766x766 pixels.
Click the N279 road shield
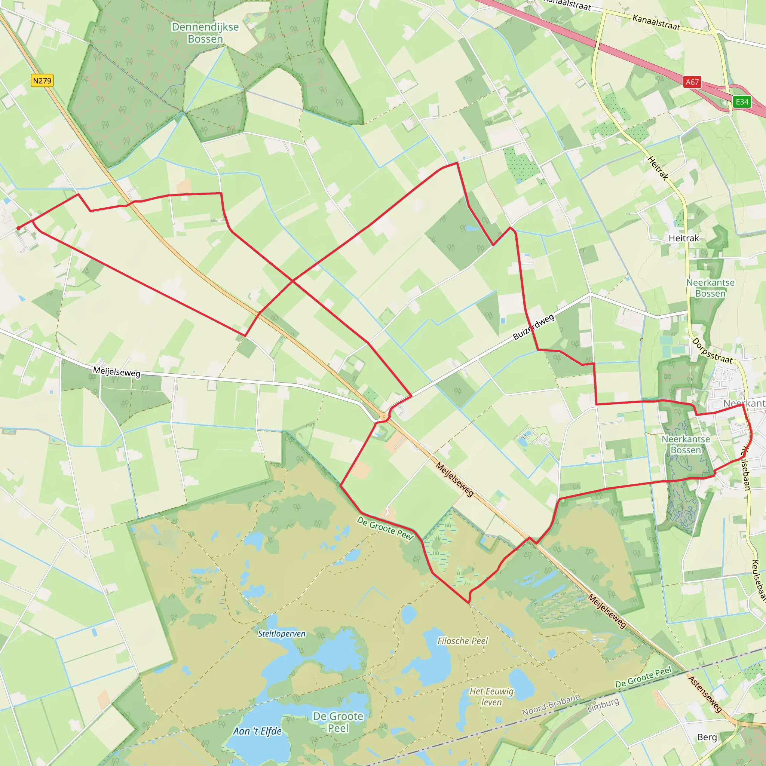[42, 81]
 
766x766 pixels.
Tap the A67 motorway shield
[692, 82]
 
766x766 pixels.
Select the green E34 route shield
[742, 102]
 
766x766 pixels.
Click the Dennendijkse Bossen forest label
[205, 33]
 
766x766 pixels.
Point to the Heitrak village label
[684, 238]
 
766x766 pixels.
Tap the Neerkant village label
[744, 403]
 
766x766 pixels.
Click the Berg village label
[707, 737]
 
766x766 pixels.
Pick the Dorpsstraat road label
[712, 350]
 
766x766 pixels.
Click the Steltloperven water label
[282, 634]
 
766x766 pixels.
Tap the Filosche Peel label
[463, 641]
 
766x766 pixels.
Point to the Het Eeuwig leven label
[491, 696]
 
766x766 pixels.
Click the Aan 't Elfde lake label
[257, 731]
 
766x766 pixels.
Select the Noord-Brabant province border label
[550, 705]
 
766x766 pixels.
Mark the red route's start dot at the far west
[18, 228]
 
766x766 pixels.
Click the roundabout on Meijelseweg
[383, 417]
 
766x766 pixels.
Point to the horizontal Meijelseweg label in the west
[117, 372]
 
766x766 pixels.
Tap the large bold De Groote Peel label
[338, 722]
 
